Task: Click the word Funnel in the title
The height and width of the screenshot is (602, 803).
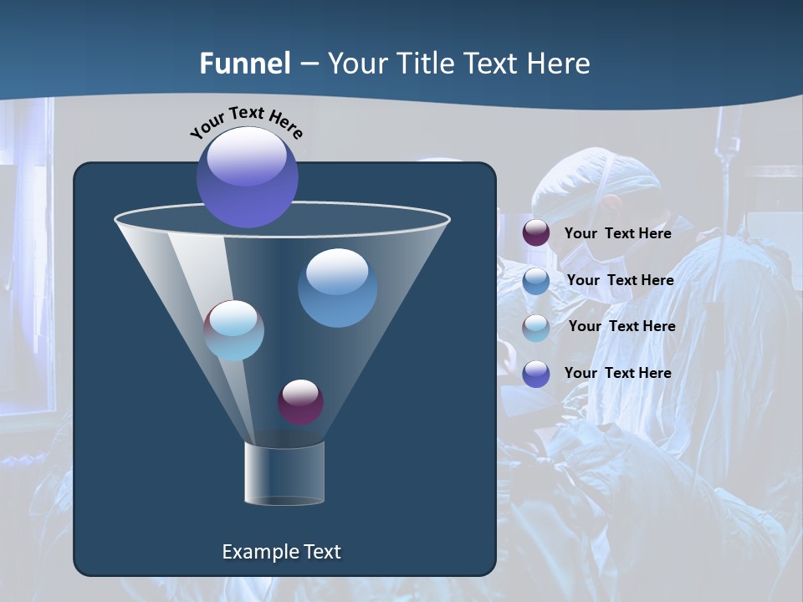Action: pyautogui.click(x=244, y=64)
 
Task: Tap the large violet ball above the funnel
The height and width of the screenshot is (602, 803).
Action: pyautogui.click(x=248, y=177)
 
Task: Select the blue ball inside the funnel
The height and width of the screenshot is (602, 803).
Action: pyautogui.click(x=337, y=288)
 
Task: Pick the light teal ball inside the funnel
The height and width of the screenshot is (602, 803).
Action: pyautogui.click(x=234, y=330)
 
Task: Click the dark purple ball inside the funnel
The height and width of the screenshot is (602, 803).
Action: pyautogui.click(x=300, y=401)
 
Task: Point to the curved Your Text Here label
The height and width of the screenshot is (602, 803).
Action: pyautogui.click(x=246, y=122)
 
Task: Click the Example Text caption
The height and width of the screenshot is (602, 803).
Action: pyautogui.click(x=281, y=552)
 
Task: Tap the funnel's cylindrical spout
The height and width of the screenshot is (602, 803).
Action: pyautogui.click(x=284, y=473)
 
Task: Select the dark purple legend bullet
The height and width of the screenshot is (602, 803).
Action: pyautogui.click(x=536, y=233)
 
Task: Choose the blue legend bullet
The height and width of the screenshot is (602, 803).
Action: pyautogui.click(x=536, y=280)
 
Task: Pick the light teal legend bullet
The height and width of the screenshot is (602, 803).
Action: pyautogui.click(x=536, y=327)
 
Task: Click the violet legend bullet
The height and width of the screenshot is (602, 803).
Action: pyautogui.click(x=536, y=374)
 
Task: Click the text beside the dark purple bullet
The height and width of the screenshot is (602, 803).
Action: pyautogui.click(x=617, y=233)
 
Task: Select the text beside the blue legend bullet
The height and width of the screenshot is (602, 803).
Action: pyautogui.click(x=620, y=280)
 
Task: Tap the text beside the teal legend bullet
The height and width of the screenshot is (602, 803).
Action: pyautogui.click(x=621, y=326)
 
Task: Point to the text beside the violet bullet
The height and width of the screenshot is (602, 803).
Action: pyautogui.click(x=617, y=373)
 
